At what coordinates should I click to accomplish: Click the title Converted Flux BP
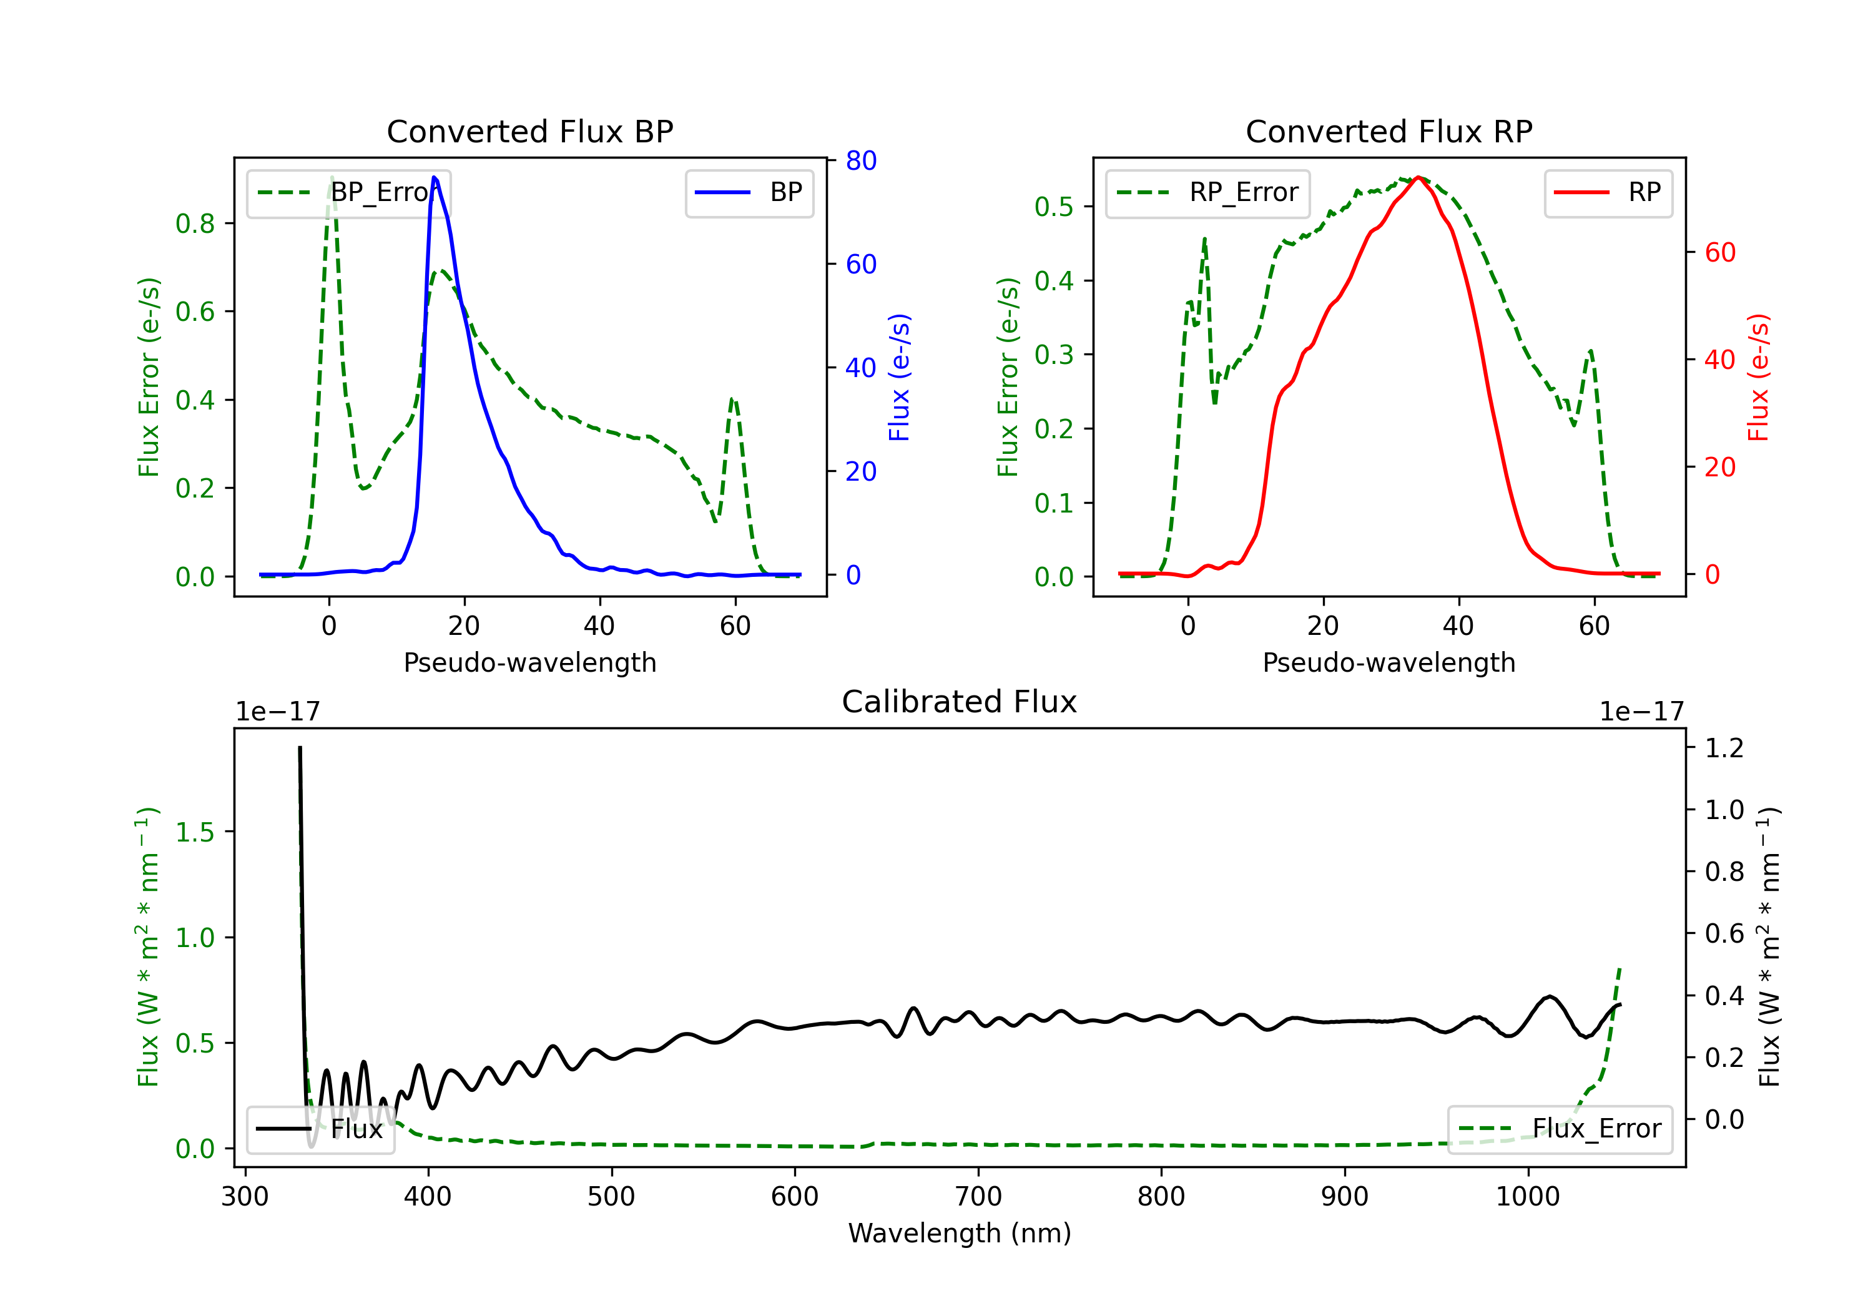pyautogui.click(x=529, y=131)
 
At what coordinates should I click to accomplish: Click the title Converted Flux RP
pyautogui.click(x=1389, y=131)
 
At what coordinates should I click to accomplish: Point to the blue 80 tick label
pyautogui.click(x=860, y=160)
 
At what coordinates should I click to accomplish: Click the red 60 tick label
pyautogui.click(x=1719, y=253)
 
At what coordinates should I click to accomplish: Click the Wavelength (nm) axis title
pyautogui.click(x=960, y=1233)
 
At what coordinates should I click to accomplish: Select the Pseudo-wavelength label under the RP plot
pyautogui.click(x=1389, y=662)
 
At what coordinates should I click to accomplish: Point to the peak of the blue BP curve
pyautogui.click(x=434, y=177)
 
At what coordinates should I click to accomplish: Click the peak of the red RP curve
pyautogui.click(x=1418, y=177)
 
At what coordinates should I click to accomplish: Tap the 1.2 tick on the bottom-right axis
pyautogui.click(x=1724, y=747)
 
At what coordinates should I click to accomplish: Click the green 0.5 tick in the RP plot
pyautogui.click(x=1053, y=207)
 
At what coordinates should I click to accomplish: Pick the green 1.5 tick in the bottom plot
pyautogui.click(x=195, y=832)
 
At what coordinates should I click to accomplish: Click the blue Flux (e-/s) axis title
pyautogui.click(x=899, y=377)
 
